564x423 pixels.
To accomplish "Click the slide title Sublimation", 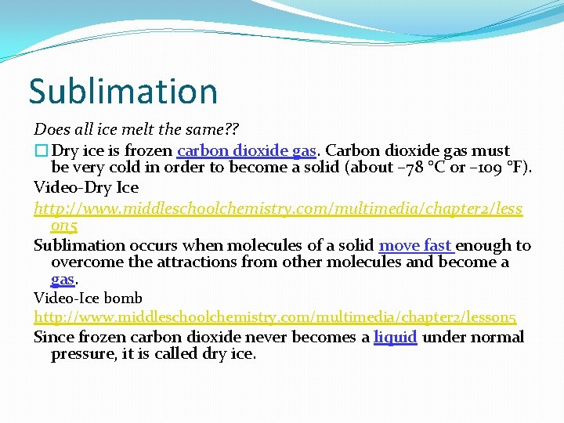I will click(x=123, y=92).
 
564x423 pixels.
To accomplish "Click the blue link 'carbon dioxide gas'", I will click(x=247, y=150).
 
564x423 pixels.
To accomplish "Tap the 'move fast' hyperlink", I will click(x=416, y=246).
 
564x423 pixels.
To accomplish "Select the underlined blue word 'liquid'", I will click(x=395, y=338).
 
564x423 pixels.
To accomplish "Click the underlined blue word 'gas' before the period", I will click(x=62, y=279).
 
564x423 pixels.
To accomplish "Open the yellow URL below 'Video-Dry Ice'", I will click(x=278, y=209).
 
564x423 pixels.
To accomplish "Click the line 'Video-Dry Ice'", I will click(x=86, y=187).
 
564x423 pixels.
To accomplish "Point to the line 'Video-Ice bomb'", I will click(x=88, y=298).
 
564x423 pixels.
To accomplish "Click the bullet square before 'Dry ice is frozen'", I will click(x=40, y=150).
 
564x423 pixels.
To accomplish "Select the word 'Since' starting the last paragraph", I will click(x=52, y=338).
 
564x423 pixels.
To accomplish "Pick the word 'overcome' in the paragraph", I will click(x=85, y=262).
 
